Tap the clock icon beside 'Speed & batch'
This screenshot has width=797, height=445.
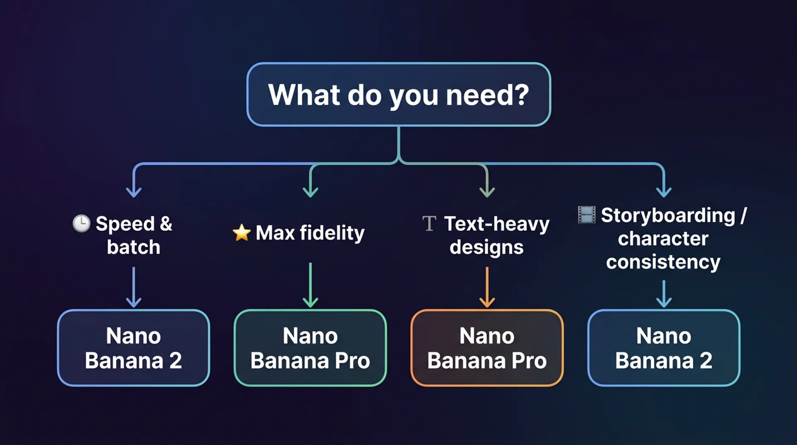pos(81,223)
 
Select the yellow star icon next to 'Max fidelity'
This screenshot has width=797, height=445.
pos(242,232)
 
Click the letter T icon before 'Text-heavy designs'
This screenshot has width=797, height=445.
pos(429,223)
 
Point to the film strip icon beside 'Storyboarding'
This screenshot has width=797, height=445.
pos(587,215)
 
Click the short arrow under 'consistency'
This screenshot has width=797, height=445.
pos(664,293)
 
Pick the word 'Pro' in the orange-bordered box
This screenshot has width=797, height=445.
pos(529,360)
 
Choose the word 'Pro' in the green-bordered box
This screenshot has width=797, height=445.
pos(352,360)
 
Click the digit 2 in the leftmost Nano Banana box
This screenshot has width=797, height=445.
pos(176,360)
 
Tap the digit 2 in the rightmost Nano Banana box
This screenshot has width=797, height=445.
pos(706,360)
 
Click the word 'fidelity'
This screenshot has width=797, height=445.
pos(332,232)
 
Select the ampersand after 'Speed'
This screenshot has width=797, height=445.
pos(166,223)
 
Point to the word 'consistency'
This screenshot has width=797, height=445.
pos(663,262)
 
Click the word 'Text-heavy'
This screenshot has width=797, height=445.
pos(496,224)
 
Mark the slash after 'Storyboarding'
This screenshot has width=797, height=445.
pos(743,215)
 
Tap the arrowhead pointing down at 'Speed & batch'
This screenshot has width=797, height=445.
pos(134,192)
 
